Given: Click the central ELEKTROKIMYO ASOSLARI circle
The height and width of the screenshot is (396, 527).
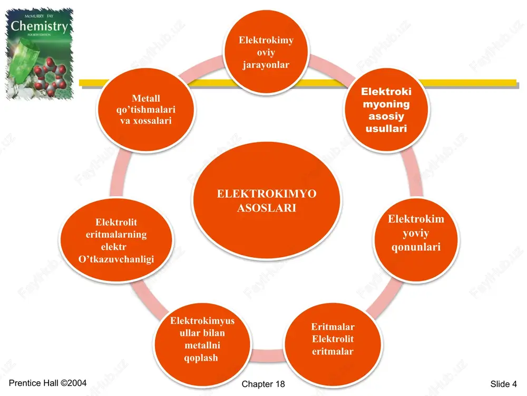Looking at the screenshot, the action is (x=267, y=200).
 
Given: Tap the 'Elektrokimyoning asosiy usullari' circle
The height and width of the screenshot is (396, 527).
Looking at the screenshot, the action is (x=386, y=109).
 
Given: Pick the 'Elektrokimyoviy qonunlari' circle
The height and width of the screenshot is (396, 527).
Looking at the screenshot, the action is (x=416, y=240).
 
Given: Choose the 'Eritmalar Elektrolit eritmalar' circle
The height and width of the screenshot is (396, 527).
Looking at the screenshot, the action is (x=333, y=344).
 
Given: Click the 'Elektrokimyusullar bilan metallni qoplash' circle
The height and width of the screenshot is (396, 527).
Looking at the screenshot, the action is (x=202, y=344).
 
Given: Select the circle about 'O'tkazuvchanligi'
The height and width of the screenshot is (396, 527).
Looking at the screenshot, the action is (x=116, y=240).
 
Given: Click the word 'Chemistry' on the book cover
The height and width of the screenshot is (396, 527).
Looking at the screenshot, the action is (x=40, y=26).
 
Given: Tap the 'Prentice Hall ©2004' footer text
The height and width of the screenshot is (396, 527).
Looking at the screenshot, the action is (x=48, y=383).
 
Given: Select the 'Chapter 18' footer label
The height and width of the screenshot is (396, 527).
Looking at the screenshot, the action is (x=263, y=384).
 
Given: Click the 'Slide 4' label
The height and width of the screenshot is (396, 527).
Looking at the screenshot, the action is (x=503, y=384).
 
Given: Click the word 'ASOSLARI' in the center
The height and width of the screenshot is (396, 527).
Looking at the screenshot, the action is (x=267, y=208).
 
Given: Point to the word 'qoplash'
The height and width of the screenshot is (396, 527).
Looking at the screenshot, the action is (x=201, y=357).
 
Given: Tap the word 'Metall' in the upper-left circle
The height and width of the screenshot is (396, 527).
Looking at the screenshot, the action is (x=146, y=98).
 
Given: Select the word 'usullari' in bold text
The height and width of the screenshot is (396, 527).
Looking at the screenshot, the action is (x=386, y=129).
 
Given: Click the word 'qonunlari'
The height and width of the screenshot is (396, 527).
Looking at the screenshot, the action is (x=416, y=247).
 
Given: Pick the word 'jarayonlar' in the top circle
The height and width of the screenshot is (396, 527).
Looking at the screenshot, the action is (x=266, y=64).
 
